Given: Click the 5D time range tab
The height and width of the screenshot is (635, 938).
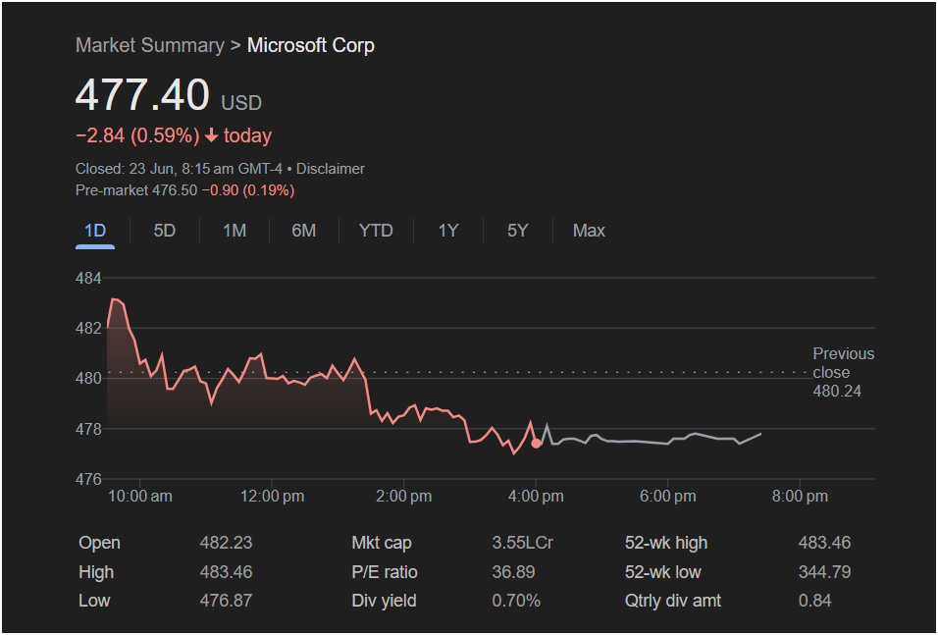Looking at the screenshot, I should [x=165, y=231].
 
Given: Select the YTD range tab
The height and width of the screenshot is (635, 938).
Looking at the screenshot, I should [x=376, y=231].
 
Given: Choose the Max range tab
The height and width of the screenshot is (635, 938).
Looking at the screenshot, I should [x=589, y=231].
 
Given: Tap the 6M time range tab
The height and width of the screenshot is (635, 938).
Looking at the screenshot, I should [x=304, y=231].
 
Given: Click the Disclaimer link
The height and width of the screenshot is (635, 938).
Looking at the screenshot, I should [x=331, y=169].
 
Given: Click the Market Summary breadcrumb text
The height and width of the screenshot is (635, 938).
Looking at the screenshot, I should [x=149, y=45].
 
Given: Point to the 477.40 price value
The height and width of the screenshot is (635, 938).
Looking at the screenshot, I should [x=142, y=95].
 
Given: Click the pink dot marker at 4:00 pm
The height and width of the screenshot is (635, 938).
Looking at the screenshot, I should [x=536, y=444].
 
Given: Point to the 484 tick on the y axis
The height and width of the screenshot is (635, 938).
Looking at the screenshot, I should [x=88, y=278].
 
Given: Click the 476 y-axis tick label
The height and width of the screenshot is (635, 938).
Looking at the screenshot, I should [x=88, y=479].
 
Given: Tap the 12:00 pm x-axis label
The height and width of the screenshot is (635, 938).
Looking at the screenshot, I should [x=272, y=497].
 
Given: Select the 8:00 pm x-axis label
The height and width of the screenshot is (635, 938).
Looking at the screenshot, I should [x=800, y=497].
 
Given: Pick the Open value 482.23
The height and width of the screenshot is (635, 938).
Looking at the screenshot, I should [x=226, y=543].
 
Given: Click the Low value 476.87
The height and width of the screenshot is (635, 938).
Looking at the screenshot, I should [x=226, y=601].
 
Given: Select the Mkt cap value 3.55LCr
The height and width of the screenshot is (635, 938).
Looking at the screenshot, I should [x=522, y=543].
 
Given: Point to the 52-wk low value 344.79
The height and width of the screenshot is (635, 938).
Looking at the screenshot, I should [x=824, y=572].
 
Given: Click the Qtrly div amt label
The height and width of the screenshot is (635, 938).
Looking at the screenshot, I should [x=673, y=601].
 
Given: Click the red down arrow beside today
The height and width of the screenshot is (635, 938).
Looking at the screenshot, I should [x=211, y=135].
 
